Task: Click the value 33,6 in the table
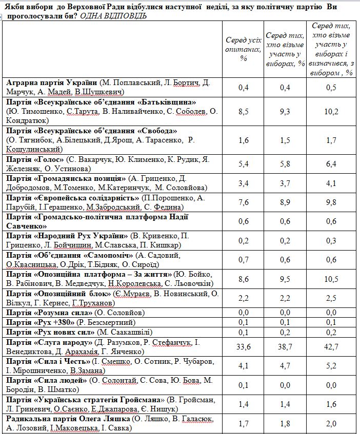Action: point(244,347)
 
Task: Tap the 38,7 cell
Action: point(286,347)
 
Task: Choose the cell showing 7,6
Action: point(244,202)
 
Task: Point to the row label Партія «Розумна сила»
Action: point(49,312)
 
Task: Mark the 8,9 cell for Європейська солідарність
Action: point(286,202)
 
